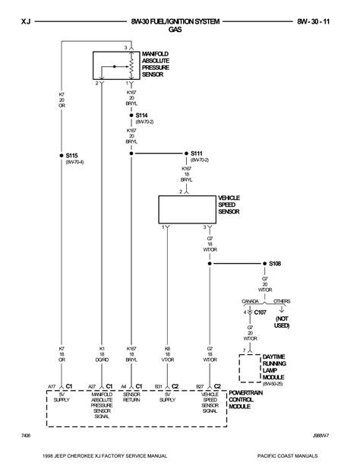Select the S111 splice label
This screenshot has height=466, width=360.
(199, 154)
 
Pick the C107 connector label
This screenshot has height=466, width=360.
(261, 312)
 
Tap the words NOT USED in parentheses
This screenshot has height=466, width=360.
(282, 322)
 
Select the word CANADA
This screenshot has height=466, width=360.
(250, 302)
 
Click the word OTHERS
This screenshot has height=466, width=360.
(281, 302)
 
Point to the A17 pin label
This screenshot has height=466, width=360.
(52, 385)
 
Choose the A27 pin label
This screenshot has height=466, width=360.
(92, 385)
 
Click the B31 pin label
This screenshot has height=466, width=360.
(159, 385)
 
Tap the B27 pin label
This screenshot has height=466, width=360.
(201, 385)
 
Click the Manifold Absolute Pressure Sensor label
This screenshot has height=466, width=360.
(157, 64)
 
